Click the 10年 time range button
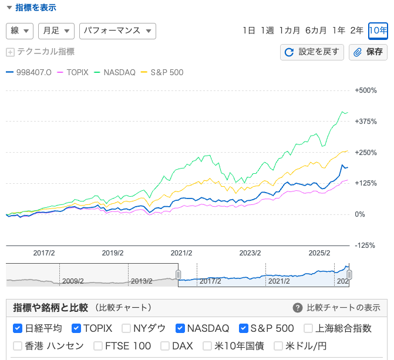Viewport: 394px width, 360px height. pos(378,31)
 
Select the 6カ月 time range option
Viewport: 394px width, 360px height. pos(315,31)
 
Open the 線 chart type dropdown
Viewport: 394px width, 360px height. pos(19,31)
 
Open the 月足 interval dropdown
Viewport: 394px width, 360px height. pos(56,31)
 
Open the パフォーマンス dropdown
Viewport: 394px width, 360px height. pos(117,31)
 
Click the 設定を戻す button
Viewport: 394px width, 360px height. pos(312,52)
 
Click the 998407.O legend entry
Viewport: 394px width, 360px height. pos(31,72)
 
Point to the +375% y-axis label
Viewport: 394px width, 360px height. pos(366,122)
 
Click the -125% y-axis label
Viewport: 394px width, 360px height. pos(366,245)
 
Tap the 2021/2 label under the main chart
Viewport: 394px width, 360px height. pos(181,253)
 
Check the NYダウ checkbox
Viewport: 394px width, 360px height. pos(126,328)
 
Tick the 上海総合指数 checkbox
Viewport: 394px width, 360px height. pos(309,328)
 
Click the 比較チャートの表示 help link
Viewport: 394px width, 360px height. pos(336,308)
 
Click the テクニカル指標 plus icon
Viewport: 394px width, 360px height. pos(10,52)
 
